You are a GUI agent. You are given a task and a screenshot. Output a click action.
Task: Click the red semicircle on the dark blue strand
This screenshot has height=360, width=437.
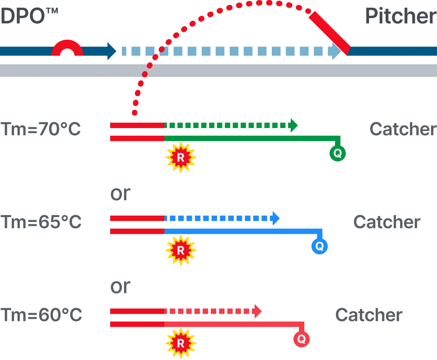tap(67, 49)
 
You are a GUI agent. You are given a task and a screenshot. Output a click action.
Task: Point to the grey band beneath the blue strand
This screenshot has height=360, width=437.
tap(218, 70)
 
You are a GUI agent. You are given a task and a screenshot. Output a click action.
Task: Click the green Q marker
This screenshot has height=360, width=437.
tap(337, 153)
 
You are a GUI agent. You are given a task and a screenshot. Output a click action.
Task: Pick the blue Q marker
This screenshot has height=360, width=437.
tap(319, 246)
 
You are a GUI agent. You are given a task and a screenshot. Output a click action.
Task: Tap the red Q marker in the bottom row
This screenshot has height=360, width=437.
tap(301, 339)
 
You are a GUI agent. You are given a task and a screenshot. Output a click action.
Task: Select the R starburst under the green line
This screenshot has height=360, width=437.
tap(181, 157)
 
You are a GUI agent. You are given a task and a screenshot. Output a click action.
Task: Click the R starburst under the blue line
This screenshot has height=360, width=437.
tap(181, 250)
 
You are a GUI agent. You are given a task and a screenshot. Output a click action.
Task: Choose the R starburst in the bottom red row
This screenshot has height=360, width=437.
tap(181, 343)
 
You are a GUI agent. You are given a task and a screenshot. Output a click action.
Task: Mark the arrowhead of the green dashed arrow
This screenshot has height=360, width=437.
tap(294, 125)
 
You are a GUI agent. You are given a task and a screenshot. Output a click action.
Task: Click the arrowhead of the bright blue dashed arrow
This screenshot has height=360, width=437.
tap(275, 218)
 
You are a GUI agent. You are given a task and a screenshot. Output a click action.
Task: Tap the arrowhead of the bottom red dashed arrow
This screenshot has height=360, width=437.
tap(257, 311)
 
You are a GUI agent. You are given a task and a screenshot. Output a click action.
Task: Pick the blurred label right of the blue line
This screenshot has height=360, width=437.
tap(387, 222)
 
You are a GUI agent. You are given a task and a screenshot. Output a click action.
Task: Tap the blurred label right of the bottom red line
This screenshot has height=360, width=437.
tap(369, 315)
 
